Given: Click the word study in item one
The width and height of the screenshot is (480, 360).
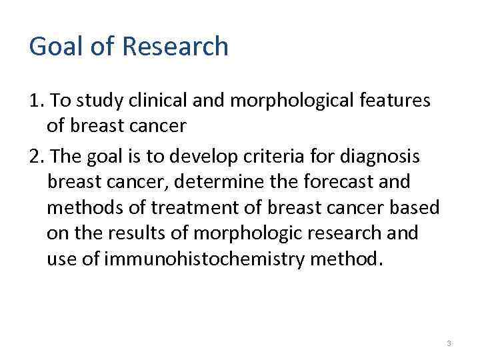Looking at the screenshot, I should pos(97,101).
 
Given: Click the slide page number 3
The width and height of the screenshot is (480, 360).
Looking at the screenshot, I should pos(449,343).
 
